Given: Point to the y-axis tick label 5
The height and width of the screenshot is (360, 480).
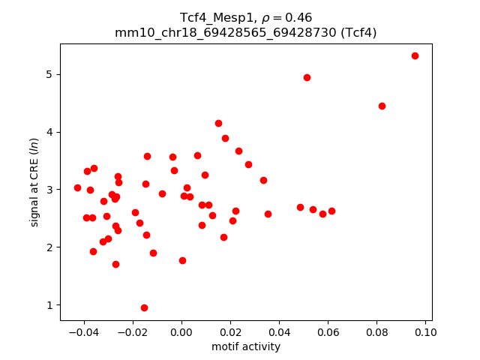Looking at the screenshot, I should [50, 74].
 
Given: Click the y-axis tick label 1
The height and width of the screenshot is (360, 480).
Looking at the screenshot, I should [50, 305].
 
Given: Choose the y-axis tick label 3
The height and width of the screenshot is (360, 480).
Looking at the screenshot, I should [50, 190].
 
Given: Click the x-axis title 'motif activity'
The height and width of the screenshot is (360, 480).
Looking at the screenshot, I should [246, 346].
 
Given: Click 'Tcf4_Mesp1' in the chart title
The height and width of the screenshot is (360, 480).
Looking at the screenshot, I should [211, 17].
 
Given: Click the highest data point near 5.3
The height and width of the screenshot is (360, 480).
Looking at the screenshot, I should [415, 55].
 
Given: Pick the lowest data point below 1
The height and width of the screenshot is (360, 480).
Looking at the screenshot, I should [144, 307].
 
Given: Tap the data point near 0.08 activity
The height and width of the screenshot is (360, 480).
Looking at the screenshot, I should [382, 106].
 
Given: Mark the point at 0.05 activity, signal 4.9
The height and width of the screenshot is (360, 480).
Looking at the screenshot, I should [307, 77].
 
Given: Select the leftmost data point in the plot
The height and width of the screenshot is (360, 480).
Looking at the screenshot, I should [77, 187].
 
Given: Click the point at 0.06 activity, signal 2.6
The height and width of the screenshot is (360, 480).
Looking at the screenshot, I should [331, 211].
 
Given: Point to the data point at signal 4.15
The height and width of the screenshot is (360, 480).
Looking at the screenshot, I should [218, 123].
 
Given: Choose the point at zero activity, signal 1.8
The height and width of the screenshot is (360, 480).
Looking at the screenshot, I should [182, 260].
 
